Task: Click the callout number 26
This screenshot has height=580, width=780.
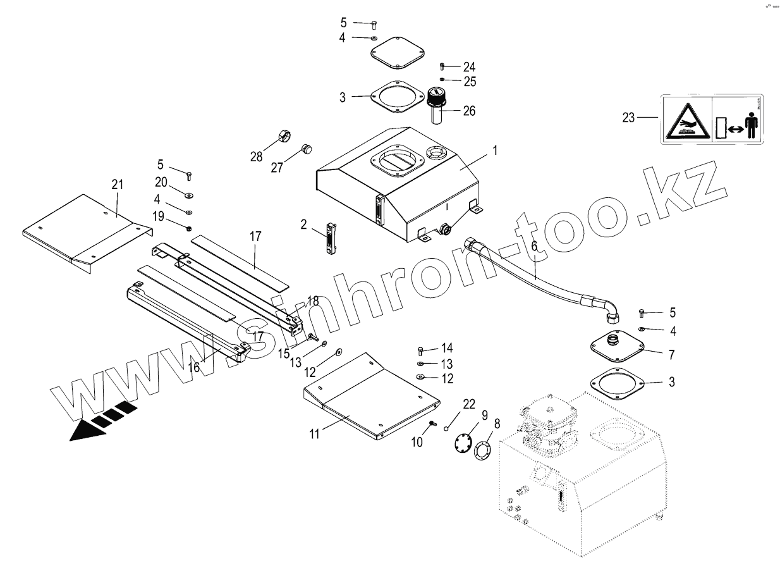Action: [468, 111]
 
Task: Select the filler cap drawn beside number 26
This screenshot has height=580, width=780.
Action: [435, 103]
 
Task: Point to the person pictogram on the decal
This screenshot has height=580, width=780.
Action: [752, 126]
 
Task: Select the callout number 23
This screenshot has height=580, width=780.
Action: [628, 117]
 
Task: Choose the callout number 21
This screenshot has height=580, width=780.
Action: [118, 184]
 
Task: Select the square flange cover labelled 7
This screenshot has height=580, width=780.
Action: [616, 345]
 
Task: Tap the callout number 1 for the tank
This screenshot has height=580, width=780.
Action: [496, 151]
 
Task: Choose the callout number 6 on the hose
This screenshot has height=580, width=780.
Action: [534, 246]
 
